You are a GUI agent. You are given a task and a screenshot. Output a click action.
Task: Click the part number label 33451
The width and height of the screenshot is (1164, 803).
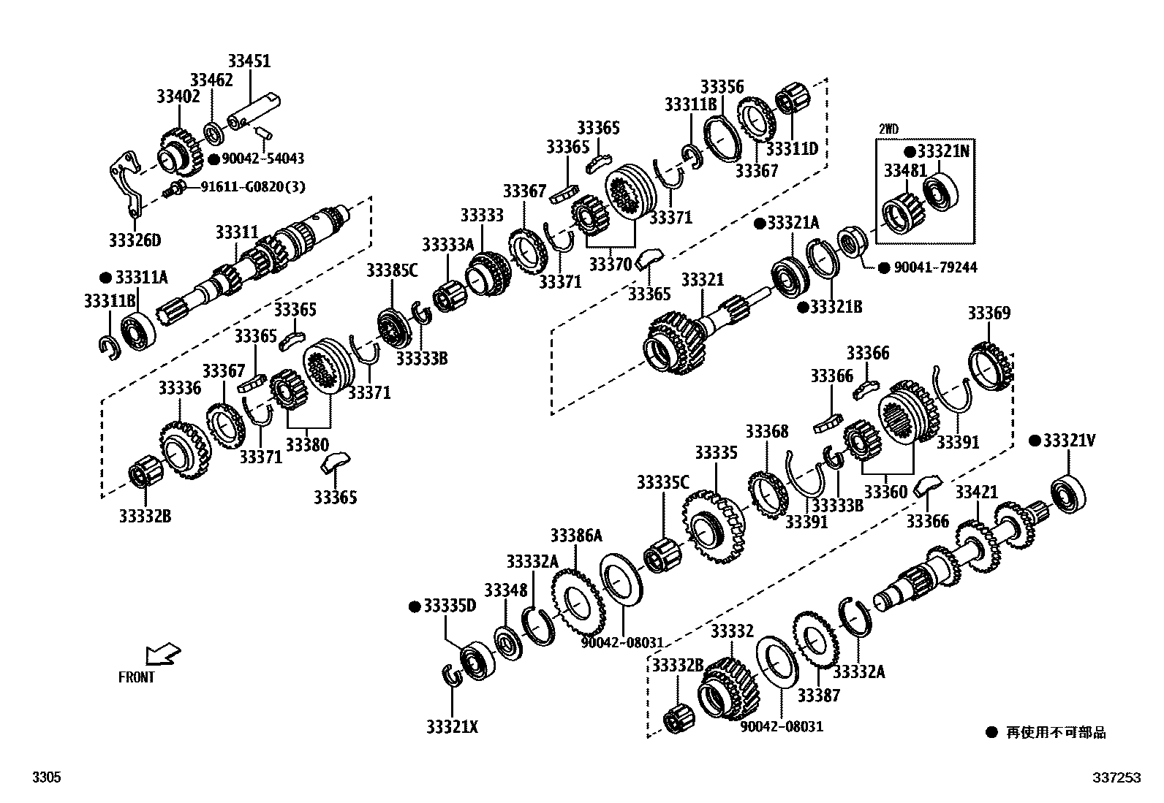(x=249, y=61)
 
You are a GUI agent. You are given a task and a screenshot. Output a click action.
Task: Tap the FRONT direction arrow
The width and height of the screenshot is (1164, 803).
(x=162, y=654)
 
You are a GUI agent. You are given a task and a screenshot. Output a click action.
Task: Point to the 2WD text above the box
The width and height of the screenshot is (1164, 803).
(x=888, y=129)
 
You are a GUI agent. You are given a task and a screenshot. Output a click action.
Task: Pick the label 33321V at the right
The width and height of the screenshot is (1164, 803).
(x=1069, y=441)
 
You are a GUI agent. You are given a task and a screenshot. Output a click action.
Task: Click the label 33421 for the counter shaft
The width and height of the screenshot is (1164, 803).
(x=977, y=492)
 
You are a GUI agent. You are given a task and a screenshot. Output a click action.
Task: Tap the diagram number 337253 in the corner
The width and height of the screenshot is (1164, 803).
(x=1116, y=779)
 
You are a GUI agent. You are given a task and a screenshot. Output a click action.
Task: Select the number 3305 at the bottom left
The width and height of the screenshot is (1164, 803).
(x=46, y=779)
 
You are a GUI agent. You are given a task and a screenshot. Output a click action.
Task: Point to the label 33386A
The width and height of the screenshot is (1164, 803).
(x=576, y=536)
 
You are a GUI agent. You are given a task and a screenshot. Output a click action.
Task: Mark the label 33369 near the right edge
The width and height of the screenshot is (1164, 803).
(x=989, y=313)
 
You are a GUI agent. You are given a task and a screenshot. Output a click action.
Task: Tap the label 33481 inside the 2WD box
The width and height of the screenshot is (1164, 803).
(x=905, y=171)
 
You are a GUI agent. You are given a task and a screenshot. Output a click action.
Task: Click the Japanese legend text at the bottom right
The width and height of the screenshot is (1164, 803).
(x=1056, y=732)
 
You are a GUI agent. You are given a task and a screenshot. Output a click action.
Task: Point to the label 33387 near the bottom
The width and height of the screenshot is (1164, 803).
(x=819, y=695)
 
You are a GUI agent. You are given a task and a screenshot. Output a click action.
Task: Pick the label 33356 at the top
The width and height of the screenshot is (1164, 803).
(x=722, y=86)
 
